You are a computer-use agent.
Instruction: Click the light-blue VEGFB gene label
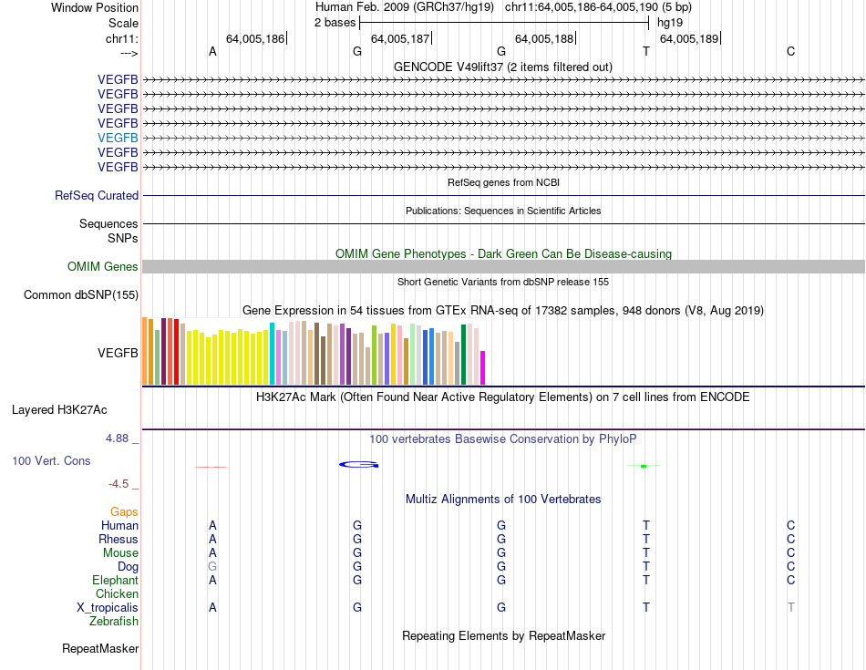[x=118, y=138]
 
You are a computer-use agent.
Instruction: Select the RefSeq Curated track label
[x=97, y=195]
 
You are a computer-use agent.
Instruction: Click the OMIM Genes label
[x=102, y=266]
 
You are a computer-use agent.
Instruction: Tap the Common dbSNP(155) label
[x=81, y=294]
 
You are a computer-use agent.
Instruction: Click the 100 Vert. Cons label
[x=51, y=460]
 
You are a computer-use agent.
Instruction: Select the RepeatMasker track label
[x=100, y=649]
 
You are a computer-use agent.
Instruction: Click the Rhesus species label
[x=119, y=539]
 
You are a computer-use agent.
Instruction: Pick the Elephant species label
[x=116, y=580]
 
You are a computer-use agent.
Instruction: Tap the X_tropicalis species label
[x=108, y=607]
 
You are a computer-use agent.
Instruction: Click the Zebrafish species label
[x=114, y=621]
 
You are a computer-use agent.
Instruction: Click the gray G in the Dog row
[x=212, y=566]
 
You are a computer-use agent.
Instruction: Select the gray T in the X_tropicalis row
[x=790, y=607]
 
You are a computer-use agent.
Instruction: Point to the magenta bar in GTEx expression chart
[x=482, y=367]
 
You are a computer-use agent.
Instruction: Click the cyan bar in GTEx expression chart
[x=273, y=353]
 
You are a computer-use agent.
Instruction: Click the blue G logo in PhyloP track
[x=358, y=465]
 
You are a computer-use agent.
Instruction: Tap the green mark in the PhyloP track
[x=644, y=466]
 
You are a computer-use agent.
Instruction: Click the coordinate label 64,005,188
[x=544, y=38]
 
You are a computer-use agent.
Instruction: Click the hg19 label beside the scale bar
[x=670, y=22]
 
